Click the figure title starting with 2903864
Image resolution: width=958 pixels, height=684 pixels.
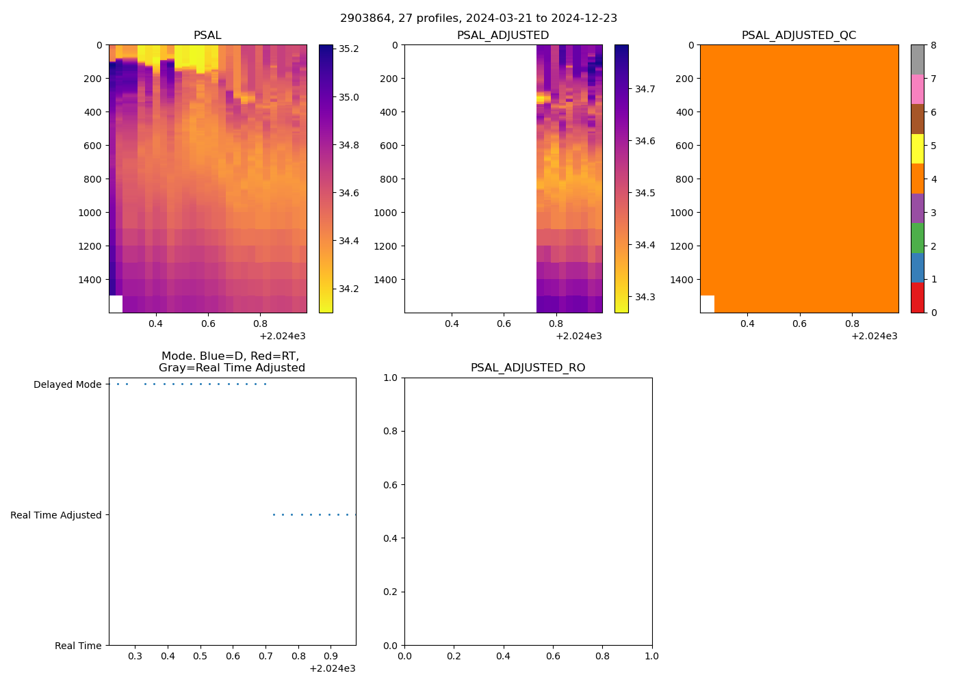478,18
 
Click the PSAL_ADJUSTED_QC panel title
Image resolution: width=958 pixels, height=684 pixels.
799,36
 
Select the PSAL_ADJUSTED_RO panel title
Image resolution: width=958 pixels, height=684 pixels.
528,368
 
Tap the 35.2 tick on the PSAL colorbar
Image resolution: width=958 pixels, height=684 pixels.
349,49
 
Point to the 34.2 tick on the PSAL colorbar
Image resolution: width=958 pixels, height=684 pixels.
349,289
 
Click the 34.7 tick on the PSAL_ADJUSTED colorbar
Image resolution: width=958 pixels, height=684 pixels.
645,89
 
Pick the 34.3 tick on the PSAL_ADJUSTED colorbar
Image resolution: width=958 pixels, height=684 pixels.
645,297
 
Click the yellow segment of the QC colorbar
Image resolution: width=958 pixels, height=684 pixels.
917,149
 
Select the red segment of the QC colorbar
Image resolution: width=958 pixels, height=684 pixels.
917,298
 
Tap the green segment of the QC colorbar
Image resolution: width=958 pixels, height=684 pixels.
917,238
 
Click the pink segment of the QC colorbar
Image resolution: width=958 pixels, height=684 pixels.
917,90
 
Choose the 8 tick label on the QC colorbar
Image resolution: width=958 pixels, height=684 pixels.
933,45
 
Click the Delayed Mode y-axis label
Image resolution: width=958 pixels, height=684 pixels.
67,384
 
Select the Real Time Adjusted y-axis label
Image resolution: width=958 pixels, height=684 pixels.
55,515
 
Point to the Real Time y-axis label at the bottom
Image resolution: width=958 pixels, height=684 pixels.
78,646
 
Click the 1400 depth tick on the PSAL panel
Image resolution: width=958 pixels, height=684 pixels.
90,280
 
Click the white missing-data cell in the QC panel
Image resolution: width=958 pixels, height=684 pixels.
707,304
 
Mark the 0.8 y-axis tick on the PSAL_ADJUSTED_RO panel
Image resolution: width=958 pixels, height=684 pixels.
391,432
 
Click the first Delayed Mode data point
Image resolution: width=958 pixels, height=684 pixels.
118,384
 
